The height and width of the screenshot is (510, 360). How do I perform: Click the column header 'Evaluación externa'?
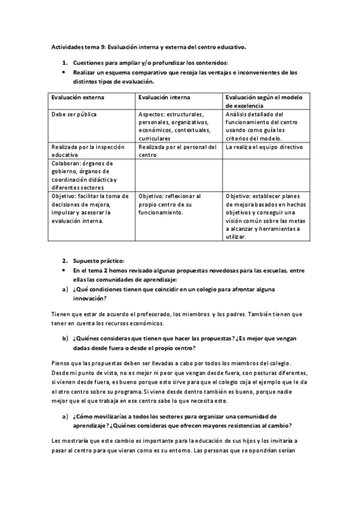coord(78,97)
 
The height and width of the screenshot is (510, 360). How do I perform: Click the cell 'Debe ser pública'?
coord(74,114)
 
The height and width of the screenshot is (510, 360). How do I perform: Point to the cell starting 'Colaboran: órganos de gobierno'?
coord(84,174)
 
